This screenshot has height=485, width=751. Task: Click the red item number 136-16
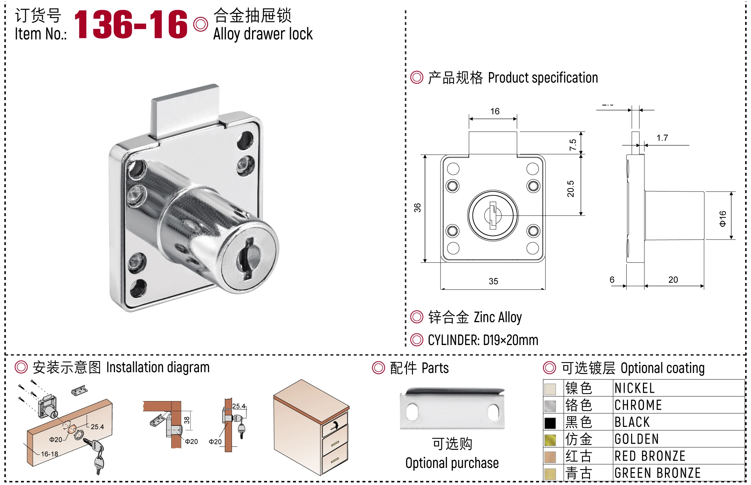pos(131,24)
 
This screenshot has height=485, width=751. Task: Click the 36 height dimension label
pos(417,208)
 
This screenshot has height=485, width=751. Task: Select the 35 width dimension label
pos(493,281)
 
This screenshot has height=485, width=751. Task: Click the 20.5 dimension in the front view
pos(570,189)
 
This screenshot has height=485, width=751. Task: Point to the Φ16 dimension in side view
pos(723,218)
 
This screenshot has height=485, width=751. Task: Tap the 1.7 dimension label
pos(662,138)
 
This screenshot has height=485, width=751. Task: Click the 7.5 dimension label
pos(573,144)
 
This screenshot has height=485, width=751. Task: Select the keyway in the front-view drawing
pos(493,215)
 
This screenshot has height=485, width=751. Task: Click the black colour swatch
pos(550,423)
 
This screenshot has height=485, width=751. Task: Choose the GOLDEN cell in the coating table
pos(636,439)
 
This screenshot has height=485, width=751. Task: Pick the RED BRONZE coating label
pos(650,456)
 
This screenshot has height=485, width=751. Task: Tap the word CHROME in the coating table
pos(638,405)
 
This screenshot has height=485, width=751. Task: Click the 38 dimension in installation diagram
pos(187,420)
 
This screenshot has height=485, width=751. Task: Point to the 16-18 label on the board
pos(49,454)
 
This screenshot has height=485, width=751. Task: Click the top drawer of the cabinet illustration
pos(335,425)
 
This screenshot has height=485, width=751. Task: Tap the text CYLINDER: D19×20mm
pos(483,340)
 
